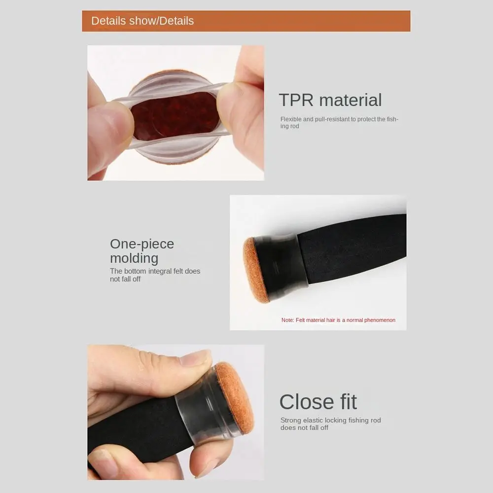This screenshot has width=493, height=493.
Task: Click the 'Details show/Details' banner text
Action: [x=142, y=21]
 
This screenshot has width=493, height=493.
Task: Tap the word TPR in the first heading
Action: [x=296, y=100]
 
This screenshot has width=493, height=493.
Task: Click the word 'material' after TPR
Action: [x=351, y=100]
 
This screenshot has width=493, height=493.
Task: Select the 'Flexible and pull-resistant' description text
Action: [x=339, y=123]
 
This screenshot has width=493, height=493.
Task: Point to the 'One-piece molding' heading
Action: [x=142, y=251]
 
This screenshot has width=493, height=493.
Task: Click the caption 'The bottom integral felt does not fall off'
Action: [x=155, y=275]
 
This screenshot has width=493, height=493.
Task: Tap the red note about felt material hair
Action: [x=338, y=320]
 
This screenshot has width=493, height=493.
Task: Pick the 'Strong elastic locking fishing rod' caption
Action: [x=330, y=424]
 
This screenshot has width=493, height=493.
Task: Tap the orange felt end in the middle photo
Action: [x=255, y=270]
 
